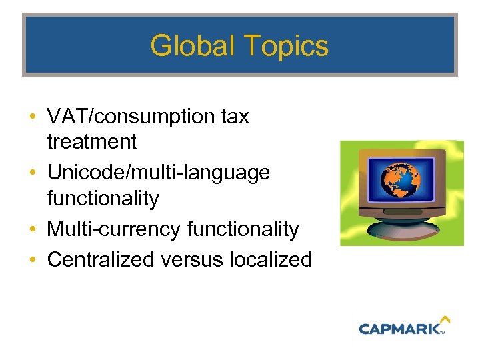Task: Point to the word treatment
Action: (x=91, y=141)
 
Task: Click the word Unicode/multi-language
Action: (x=158, y=173)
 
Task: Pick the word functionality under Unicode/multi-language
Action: (x=103, y=198)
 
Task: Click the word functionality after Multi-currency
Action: (x=243, y=229)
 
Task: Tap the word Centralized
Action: (x=103, y=259)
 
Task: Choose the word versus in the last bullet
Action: (x=194, y=259)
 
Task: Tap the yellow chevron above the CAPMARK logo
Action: (x=445, y=321)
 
